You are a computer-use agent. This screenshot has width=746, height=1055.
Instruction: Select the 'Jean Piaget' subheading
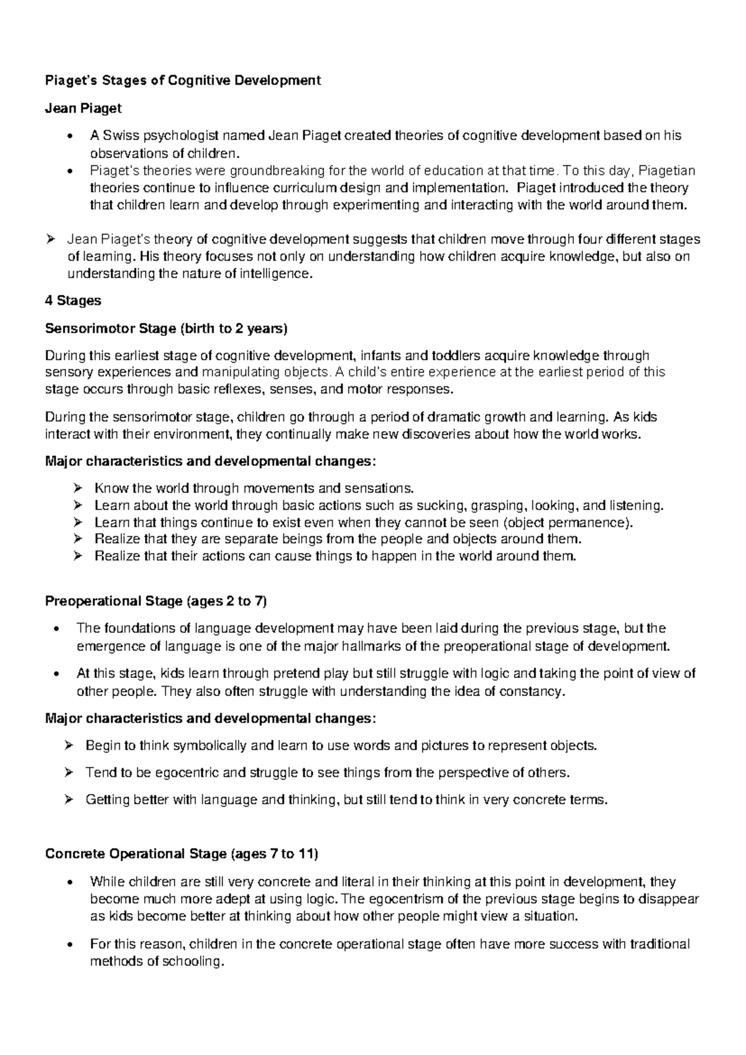83,108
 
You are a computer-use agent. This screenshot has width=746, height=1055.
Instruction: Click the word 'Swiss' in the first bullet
121,136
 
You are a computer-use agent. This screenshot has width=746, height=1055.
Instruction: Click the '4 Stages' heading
73,300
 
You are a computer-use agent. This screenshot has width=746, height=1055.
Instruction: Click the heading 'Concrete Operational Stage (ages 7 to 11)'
182,853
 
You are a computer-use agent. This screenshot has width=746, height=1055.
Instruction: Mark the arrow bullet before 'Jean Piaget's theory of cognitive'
51,239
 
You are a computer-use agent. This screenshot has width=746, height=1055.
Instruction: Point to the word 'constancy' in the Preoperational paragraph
536,690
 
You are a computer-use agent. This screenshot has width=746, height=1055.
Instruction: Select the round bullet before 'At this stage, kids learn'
57,674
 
